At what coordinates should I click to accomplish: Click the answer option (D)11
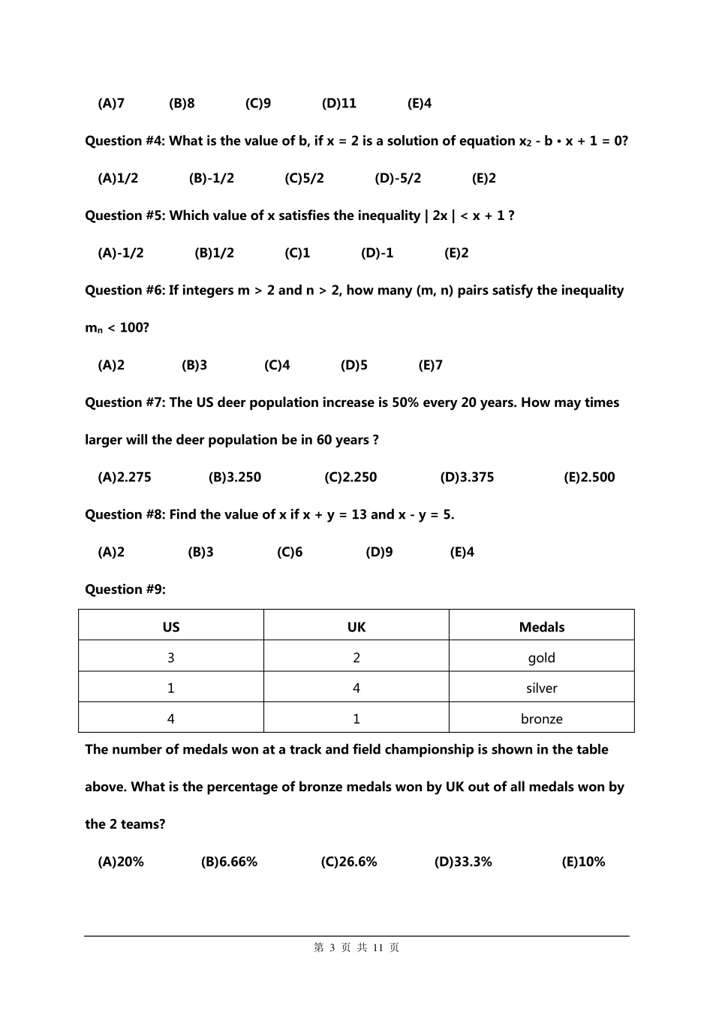pyautogui.click(x=339, y=104)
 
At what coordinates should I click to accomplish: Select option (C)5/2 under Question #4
pyautogui.click(x=304, y=179)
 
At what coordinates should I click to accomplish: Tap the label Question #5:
pyautogui.click(x=125, y=216)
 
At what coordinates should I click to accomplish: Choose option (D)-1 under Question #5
pyautogui.click(x=377, y=253)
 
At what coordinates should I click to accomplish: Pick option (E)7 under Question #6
pyautogui.click(x=430, y=366)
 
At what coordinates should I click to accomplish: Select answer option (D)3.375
pyautogui.click(x=467, y=477)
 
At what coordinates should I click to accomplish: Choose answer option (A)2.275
pyautogui.click(x=125, y=477)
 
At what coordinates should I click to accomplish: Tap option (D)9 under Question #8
pyautogui.click(x=379, y=553)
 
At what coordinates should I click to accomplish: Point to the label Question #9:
pyautogui.click(x=125, y=589)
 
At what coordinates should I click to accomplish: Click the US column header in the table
pyautogui.click(x=171, y=627)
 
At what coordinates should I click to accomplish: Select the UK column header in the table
pyautogui.click(x=356, y=627)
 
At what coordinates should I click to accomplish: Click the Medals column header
pyautogui.click(x=542, y=627)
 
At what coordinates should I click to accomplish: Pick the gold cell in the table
pyautogui.click(x=542, y=658)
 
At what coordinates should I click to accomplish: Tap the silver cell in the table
pyautogui.click(x=542, y=688)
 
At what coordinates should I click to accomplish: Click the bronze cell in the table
pyautogui.click(x=542, y=718)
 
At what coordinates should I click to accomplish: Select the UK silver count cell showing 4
pyautogui.click(x=356, y=688)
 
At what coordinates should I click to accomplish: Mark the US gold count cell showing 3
pyautogui.click(x=171, y=658)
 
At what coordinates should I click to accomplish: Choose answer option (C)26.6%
pyautogui.click(x=349, y=862)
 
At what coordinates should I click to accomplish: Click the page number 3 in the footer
pyautogui.click(x=331, y=948)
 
